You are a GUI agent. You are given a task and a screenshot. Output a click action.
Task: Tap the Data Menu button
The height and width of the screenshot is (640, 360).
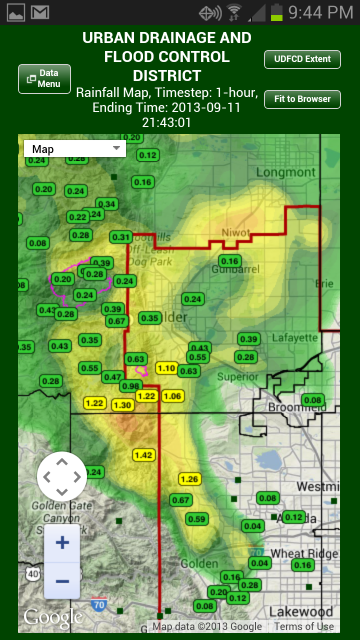point(44,79)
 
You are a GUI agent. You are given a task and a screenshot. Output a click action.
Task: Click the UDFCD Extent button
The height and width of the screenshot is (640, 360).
point(302,59)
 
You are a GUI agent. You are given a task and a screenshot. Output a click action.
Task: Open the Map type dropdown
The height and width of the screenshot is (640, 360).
point(74,149)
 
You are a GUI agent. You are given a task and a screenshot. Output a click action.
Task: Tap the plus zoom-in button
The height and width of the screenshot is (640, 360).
point(62,543)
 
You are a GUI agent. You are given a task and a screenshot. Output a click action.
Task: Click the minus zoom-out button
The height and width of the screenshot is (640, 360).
point(62,580)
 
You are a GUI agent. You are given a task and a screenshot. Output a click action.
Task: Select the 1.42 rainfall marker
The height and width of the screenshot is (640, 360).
point(144,455)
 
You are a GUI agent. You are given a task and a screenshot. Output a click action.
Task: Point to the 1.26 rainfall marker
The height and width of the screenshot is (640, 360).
point(190,479)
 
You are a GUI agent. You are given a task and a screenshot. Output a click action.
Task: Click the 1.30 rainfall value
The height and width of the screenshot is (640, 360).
point(123,405)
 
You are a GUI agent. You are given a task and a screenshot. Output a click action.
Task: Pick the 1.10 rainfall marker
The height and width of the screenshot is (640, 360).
point(166,368)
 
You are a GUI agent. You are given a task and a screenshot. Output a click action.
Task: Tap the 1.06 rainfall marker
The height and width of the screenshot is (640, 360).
point(172,396)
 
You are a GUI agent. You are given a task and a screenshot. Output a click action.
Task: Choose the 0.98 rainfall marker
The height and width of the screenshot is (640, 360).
point(131,386)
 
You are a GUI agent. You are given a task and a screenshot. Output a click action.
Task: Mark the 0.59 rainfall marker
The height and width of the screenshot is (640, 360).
point(197,519)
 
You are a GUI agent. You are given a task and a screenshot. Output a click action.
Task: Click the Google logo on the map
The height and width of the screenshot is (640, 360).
point(46,617)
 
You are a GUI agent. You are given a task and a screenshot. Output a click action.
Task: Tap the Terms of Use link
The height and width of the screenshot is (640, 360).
point(304,627)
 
